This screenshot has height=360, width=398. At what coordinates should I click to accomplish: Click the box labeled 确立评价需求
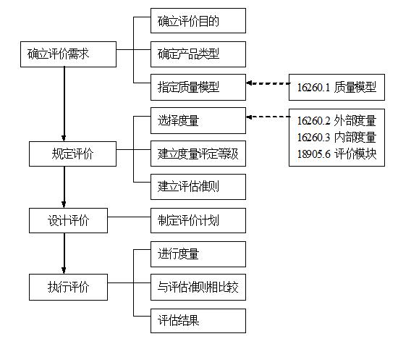[x=68, y=54]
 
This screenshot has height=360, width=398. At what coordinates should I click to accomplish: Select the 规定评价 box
[x=72, y=154]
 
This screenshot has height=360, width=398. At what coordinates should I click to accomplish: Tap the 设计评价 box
[x=68, y=220]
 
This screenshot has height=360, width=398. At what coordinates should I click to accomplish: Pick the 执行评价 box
[x=68, y=287]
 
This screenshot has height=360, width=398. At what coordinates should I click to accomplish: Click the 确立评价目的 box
[x=198, y=20]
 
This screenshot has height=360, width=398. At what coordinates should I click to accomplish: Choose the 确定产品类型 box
[x=198, y=54]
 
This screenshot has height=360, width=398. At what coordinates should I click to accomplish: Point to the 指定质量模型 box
[x=198, y=87]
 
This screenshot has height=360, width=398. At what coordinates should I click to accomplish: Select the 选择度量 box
[x=198, y=120]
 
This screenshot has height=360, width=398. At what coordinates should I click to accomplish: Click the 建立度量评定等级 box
[x=198, y=154]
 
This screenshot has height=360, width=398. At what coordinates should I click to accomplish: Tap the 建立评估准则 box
[x=198, y=187]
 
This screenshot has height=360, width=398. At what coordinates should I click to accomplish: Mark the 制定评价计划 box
[x=198, y=220]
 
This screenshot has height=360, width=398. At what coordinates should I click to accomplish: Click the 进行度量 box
[x=198, y=254]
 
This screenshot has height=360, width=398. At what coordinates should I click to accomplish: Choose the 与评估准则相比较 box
[x=198, y=287]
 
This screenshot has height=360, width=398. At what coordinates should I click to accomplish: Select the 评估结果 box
[x=198, y=321]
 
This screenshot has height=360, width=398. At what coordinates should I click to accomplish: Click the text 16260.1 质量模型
[x=336, y=88]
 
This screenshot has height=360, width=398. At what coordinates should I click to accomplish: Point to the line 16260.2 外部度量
[x=336, y=121]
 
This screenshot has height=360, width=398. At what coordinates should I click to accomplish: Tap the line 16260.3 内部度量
[x=336, y=138]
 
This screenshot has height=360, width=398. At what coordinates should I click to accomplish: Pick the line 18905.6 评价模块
[x=336, y=154]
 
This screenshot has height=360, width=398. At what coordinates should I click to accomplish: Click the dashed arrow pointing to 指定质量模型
[x=268, y=83]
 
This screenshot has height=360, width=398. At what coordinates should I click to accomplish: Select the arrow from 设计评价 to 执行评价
[x=64, y=254]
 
